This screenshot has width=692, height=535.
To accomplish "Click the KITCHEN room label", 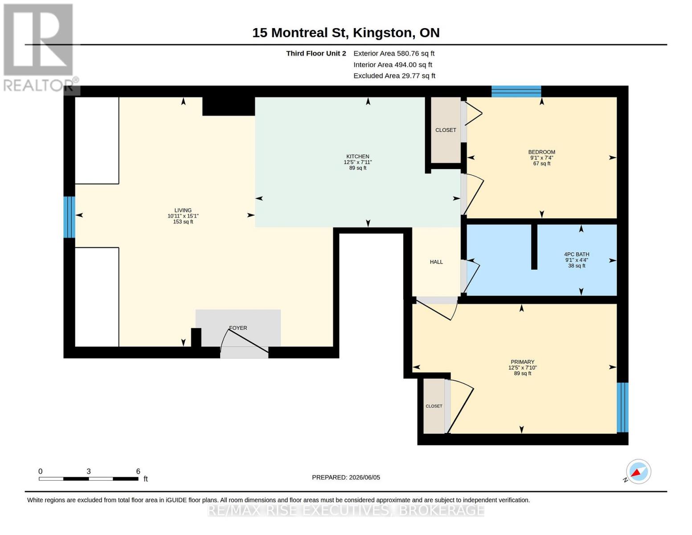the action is (358, 156).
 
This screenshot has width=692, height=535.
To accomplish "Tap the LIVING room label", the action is (183, 210).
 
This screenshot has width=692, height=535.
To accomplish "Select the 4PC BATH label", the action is (577, 254).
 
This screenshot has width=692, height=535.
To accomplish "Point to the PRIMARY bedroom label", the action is (522, 362).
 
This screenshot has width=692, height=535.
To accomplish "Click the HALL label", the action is (436, 262).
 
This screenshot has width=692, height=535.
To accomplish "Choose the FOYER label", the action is (238, 328).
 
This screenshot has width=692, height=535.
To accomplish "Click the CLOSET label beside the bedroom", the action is (446, 130).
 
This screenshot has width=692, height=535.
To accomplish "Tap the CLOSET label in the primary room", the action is (434, 406).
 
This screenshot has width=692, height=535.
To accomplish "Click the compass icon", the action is (638, 472).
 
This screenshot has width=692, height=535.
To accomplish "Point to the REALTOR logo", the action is (38, 48).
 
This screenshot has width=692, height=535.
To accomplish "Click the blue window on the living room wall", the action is (69, 217).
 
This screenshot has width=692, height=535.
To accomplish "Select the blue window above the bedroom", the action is (516, 91).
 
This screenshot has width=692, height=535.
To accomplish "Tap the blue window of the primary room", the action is (622, 407).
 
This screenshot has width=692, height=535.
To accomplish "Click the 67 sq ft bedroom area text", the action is (541, 164).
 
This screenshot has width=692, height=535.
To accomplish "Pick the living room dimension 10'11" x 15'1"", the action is (183, 216).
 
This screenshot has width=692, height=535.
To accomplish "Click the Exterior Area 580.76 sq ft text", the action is (393, 53).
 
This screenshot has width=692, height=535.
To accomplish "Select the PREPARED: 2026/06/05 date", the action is (346, 477).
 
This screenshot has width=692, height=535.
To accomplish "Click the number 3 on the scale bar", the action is (89, 471).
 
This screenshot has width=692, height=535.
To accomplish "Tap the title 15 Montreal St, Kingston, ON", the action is (346, 33).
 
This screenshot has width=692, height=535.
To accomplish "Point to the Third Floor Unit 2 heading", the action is (316, 53).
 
